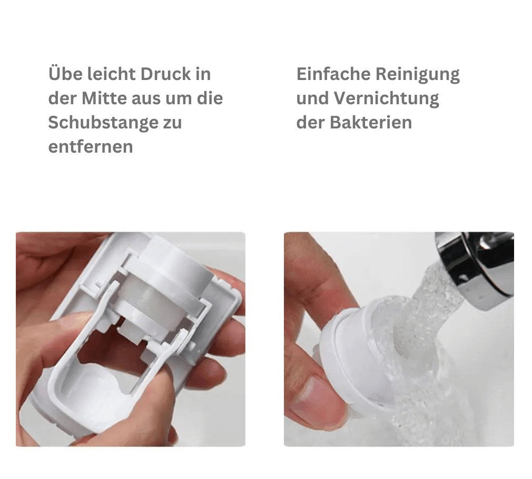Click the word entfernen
click(x=90, y=147)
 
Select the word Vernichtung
click(x=387, y=98)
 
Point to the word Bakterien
click(x=371, y=123)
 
